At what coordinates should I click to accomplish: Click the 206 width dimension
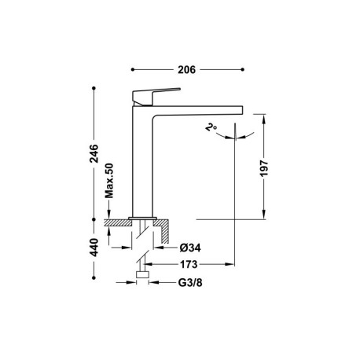click(186, 69)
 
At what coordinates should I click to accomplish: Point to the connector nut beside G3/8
click(141, 276)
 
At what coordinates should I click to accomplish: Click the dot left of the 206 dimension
click(131, 69)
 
